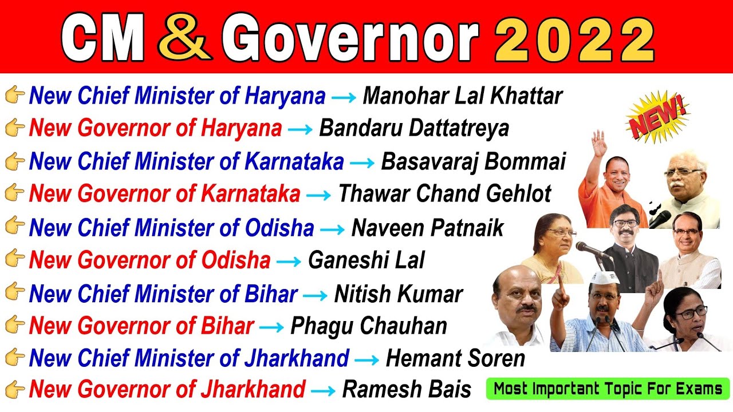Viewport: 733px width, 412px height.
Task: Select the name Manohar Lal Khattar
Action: coord(463,96)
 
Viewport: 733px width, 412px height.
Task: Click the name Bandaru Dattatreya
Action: coord(413,129)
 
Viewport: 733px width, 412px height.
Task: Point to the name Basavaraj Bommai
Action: coord(473,162)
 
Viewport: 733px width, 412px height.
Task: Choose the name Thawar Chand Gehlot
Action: coord(444,195)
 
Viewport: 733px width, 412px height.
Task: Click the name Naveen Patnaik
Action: coord(427,228)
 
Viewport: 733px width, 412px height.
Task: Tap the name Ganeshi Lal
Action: coord(366,261)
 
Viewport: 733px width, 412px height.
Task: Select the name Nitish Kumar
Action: coord(398,295)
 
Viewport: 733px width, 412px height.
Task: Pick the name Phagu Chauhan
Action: coord(369,326)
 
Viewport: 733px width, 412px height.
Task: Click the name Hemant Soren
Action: coord(455,359)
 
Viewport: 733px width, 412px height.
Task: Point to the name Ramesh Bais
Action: coord(407,390)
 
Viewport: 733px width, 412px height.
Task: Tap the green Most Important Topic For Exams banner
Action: coord(608,389)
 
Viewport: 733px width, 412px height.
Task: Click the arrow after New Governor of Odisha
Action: coord(289,262)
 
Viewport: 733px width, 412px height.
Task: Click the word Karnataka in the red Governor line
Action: coord(250,195)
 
